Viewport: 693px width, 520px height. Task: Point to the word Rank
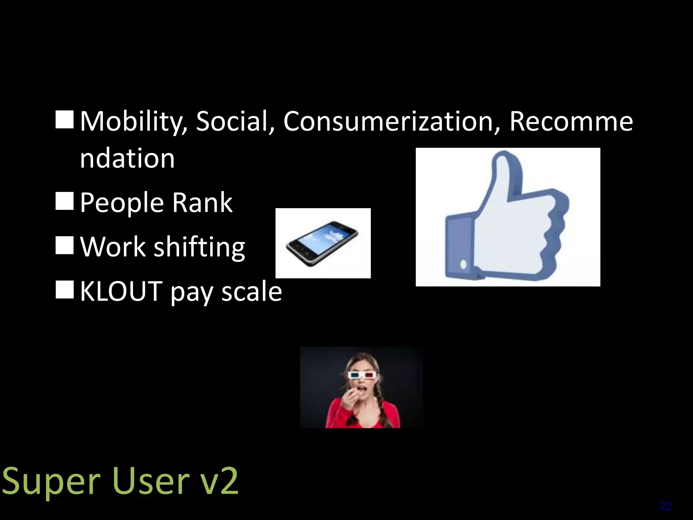coord(202,202)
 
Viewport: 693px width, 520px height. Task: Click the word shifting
coord(199,247)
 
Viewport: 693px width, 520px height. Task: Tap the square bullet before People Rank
coord(64,200)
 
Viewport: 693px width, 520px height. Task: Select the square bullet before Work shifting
coord(64,245)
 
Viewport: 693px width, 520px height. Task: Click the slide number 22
coord(666,507)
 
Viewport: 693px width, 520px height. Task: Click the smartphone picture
coord(322,243)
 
